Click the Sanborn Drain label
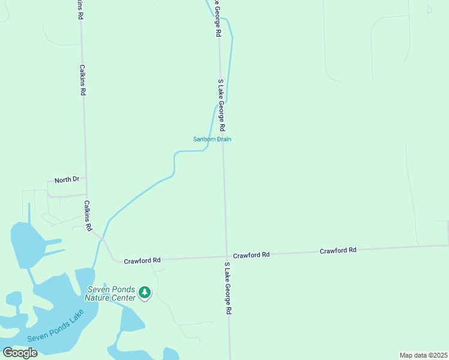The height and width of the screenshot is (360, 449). (212, 139)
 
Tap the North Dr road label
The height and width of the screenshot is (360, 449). (67, 180)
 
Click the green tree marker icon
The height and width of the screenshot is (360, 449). (144, 292)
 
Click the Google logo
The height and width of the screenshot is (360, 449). (20, 352)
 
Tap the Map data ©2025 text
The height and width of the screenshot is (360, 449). (423, 355)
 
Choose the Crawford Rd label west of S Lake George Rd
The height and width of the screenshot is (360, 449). (142, 260)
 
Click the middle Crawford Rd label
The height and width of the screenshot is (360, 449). (252, 255)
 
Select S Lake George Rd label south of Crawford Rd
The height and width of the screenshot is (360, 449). (228, 289)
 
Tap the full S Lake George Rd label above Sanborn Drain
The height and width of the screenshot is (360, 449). (221, 105)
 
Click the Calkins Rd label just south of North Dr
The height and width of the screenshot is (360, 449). (88, 216)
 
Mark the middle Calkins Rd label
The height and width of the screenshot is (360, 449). (82, 81)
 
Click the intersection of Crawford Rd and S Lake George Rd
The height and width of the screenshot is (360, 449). (227, 257)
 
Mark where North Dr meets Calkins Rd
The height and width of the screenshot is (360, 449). (86, 178)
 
